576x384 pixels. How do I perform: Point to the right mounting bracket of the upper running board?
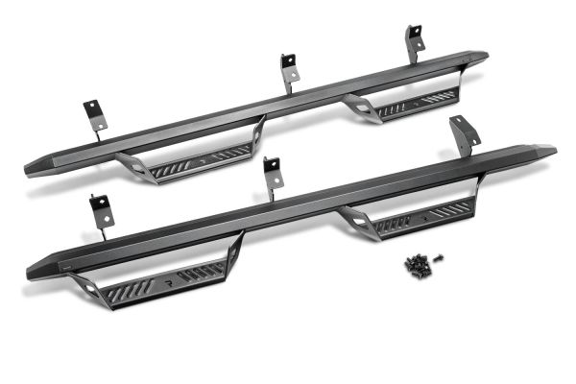[415, 41]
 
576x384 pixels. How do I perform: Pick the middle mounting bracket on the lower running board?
[273, 175]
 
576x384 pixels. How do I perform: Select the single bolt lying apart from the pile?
[438, 256]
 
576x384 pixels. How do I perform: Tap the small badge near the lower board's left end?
[65, 265]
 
